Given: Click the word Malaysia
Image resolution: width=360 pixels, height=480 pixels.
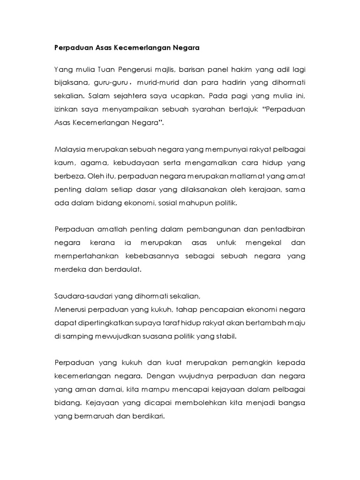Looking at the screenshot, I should tap(70, 150).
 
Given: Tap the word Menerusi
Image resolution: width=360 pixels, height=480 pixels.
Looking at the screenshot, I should tap(70, 309).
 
